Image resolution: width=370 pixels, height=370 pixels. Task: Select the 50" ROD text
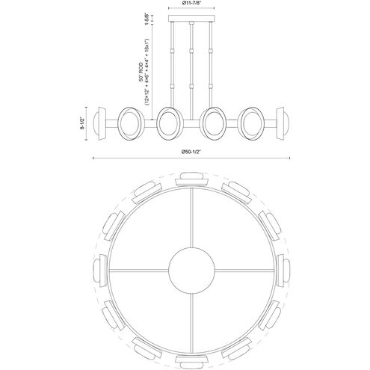(139, 72)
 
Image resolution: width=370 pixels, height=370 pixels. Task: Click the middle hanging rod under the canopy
(192, 67)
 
